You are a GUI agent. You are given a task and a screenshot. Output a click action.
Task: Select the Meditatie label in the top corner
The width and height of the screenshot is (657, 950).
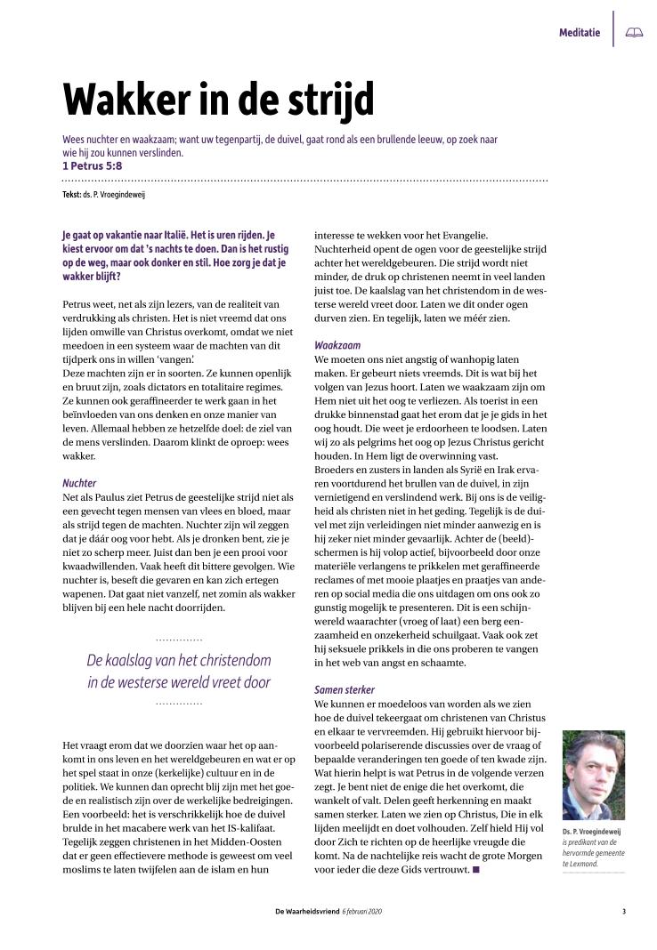coord(579,33)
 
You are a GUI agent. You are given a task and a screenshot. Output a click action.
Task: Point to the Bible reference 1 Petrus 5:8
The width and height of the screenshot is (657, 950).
coord(92,165)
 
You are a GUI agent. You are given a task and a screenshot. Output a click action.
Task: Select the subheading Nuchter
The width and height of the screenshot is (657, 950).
coord(78,483)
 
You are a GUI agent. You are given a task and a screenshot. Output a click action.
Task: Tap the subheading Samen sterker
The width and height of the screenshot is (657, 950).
coord(345,689)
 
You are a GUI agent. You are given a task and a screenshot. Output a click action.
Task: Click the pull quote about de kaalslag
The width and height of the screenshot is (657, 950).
coord(178,672)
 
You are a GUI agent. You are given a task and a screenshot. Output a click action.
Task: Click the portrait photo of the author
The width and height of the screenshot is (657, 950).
coord(593,775)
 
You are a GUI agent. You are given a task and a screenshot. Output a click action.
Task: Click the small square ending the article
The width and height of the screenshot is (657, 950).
coord(476,868)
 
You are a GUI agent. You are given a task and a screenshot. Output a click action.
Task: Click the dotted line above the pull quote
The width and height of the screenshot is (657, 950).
coord(178,640)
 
